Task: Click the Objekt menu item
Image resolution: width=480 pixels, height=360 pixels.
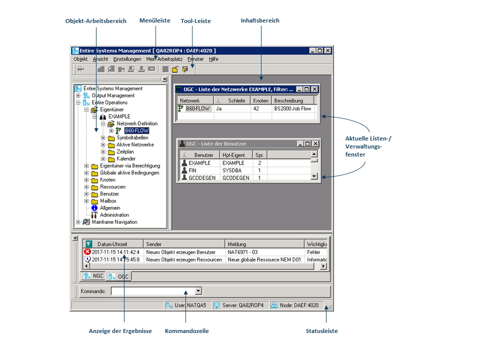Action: pos(80,59)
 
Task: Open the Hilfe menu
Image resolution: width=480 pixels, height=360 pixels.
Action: pos(213,59)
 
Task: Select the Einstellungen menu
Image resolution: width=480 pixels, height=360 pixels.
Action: pos(127,59)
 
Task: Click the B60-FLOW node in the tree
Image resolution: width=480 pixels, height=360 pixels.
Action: pos(136,130)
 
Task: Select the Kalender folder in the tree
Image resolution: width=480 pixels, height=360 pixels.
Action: pos(126,158)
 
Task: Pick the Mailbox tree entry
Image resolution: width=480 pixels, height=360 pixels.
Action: pos(108,201)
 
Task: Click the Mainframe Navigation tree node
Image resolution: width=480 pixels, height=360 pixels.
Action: pos(114,222)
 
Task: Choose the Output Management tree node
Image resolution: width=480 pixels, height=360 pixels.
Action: pos(113,95)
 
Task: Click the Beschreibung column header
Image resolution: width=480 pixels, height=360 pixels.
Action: pos(288,100)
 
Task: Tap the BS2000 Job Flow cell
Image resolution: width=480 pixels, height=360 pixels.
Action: pos(292,108)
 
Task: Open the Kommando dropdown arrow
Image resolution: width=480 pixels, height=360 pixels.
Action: pos(198,290)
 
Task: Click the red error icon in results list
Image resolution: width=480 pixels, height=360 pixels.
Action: pos(87,252)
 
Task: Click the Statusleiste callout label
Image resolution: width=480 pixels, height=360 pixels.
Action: pos(321,331)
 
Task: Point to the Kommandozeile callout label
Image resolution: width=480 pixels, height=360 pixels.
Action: pos(186,331)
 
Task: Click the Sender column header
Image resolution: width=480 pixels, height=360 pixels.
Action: pos(154,244)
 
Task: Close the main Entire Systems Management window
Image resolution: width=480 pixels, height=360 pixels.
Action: pos(328,50)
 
